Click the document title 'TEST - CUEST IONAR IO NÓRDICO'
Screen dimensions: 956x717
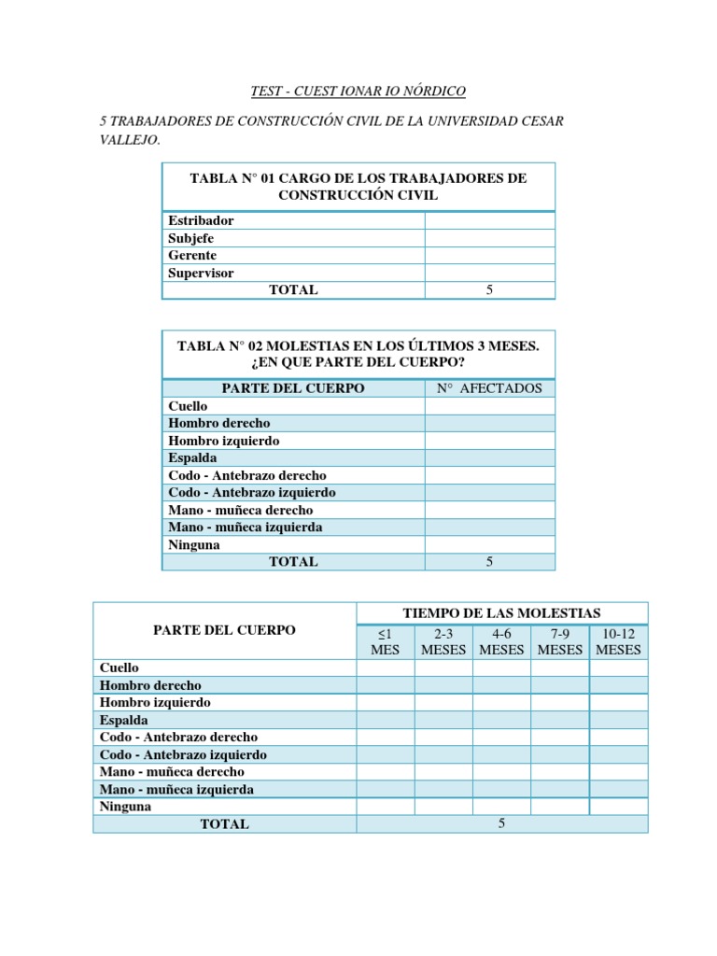[x=358, y=91]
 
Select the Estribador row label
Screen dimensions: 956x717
[x=201, y=220]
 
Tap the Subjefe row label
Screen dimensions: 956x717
[x=191, y=238]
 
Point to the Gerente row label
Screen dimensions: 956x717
[x=192, y=255]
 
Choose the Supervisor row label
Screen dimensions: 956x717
[x=201, y=273]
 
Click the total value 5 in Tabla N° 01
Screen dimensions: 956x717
[x=489, y=290]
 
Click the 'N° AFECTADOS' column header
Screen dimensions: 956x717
[x=489, y=388]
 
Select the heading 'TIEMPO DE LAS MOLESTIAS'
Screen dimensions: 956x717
[x=501, y=612]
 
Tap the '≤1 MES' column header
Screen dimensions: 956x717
[x=385, y=641]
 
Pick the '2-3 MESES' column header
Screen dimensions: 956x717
[x=443, y=641]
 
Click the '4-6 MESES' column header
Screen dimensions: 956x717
[x=501, y=641]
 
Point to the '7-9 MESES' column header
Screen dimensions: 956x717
[x=560, y=641]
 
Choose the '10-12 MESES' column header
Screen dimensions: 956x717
[x=618, y=641]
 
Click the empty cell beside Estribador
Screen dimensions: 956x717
[x=489, y=220]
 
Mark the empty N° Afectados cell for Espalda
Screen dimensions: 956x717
[x=489, y=458]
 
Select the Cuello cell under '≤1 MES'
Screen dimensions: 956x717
[x=385, y=668]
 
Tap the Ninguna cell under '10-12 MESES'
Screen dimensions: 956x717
[x=618, y=807]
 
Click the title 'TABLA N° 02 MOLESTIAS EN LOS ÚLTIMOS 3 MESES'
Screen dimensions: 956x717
[x=358, y=345]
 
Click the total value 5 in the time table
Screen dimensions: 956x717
[x=501, y=823]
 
